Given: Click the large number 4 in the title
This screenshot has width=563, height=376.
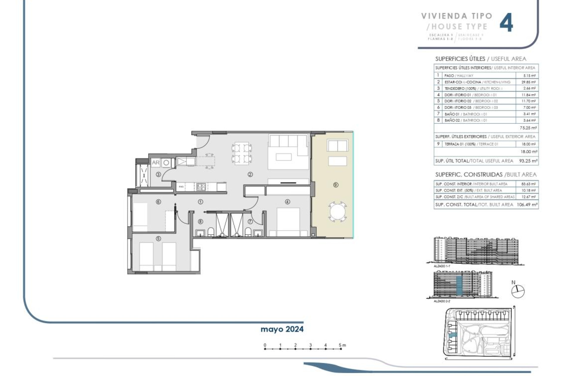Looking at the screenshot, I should [x=506, y=23].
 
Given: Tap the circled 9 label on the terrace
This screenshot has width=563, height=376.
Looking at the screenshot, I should [x=336, y=185].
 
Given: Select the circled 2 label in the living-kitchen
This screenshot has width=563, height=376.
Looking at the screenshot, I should [x=250, y=174].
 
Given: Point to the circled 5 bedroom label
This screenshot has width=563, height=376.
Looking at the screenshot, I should [x=158, y=239].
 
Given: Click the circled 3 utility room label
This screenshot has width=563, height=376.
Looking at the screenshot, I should [x=158, y=174].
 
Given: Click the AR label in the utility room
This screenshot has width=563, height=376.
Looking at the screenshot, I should [x=155, y=162].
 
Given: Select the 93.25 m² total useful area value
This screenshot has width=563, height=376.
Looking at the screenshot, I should [x=528, y=161].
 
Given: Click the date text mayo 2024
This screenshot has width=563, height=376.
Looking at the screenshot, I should [x=282, y=329].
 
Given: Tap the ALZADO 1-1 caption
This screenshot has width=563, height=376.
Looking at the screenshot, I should [x=442, y=266].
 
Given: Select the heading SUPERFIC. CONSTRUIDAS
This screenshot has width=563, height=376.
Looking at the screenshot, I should [x=469, y=175].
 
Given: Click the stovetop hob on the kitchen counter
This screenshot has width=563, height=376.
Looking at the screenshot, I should [x=201, y=186].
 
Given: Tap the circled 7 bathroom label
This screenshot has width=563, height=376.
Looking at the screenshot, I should [x=250, y=221].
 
